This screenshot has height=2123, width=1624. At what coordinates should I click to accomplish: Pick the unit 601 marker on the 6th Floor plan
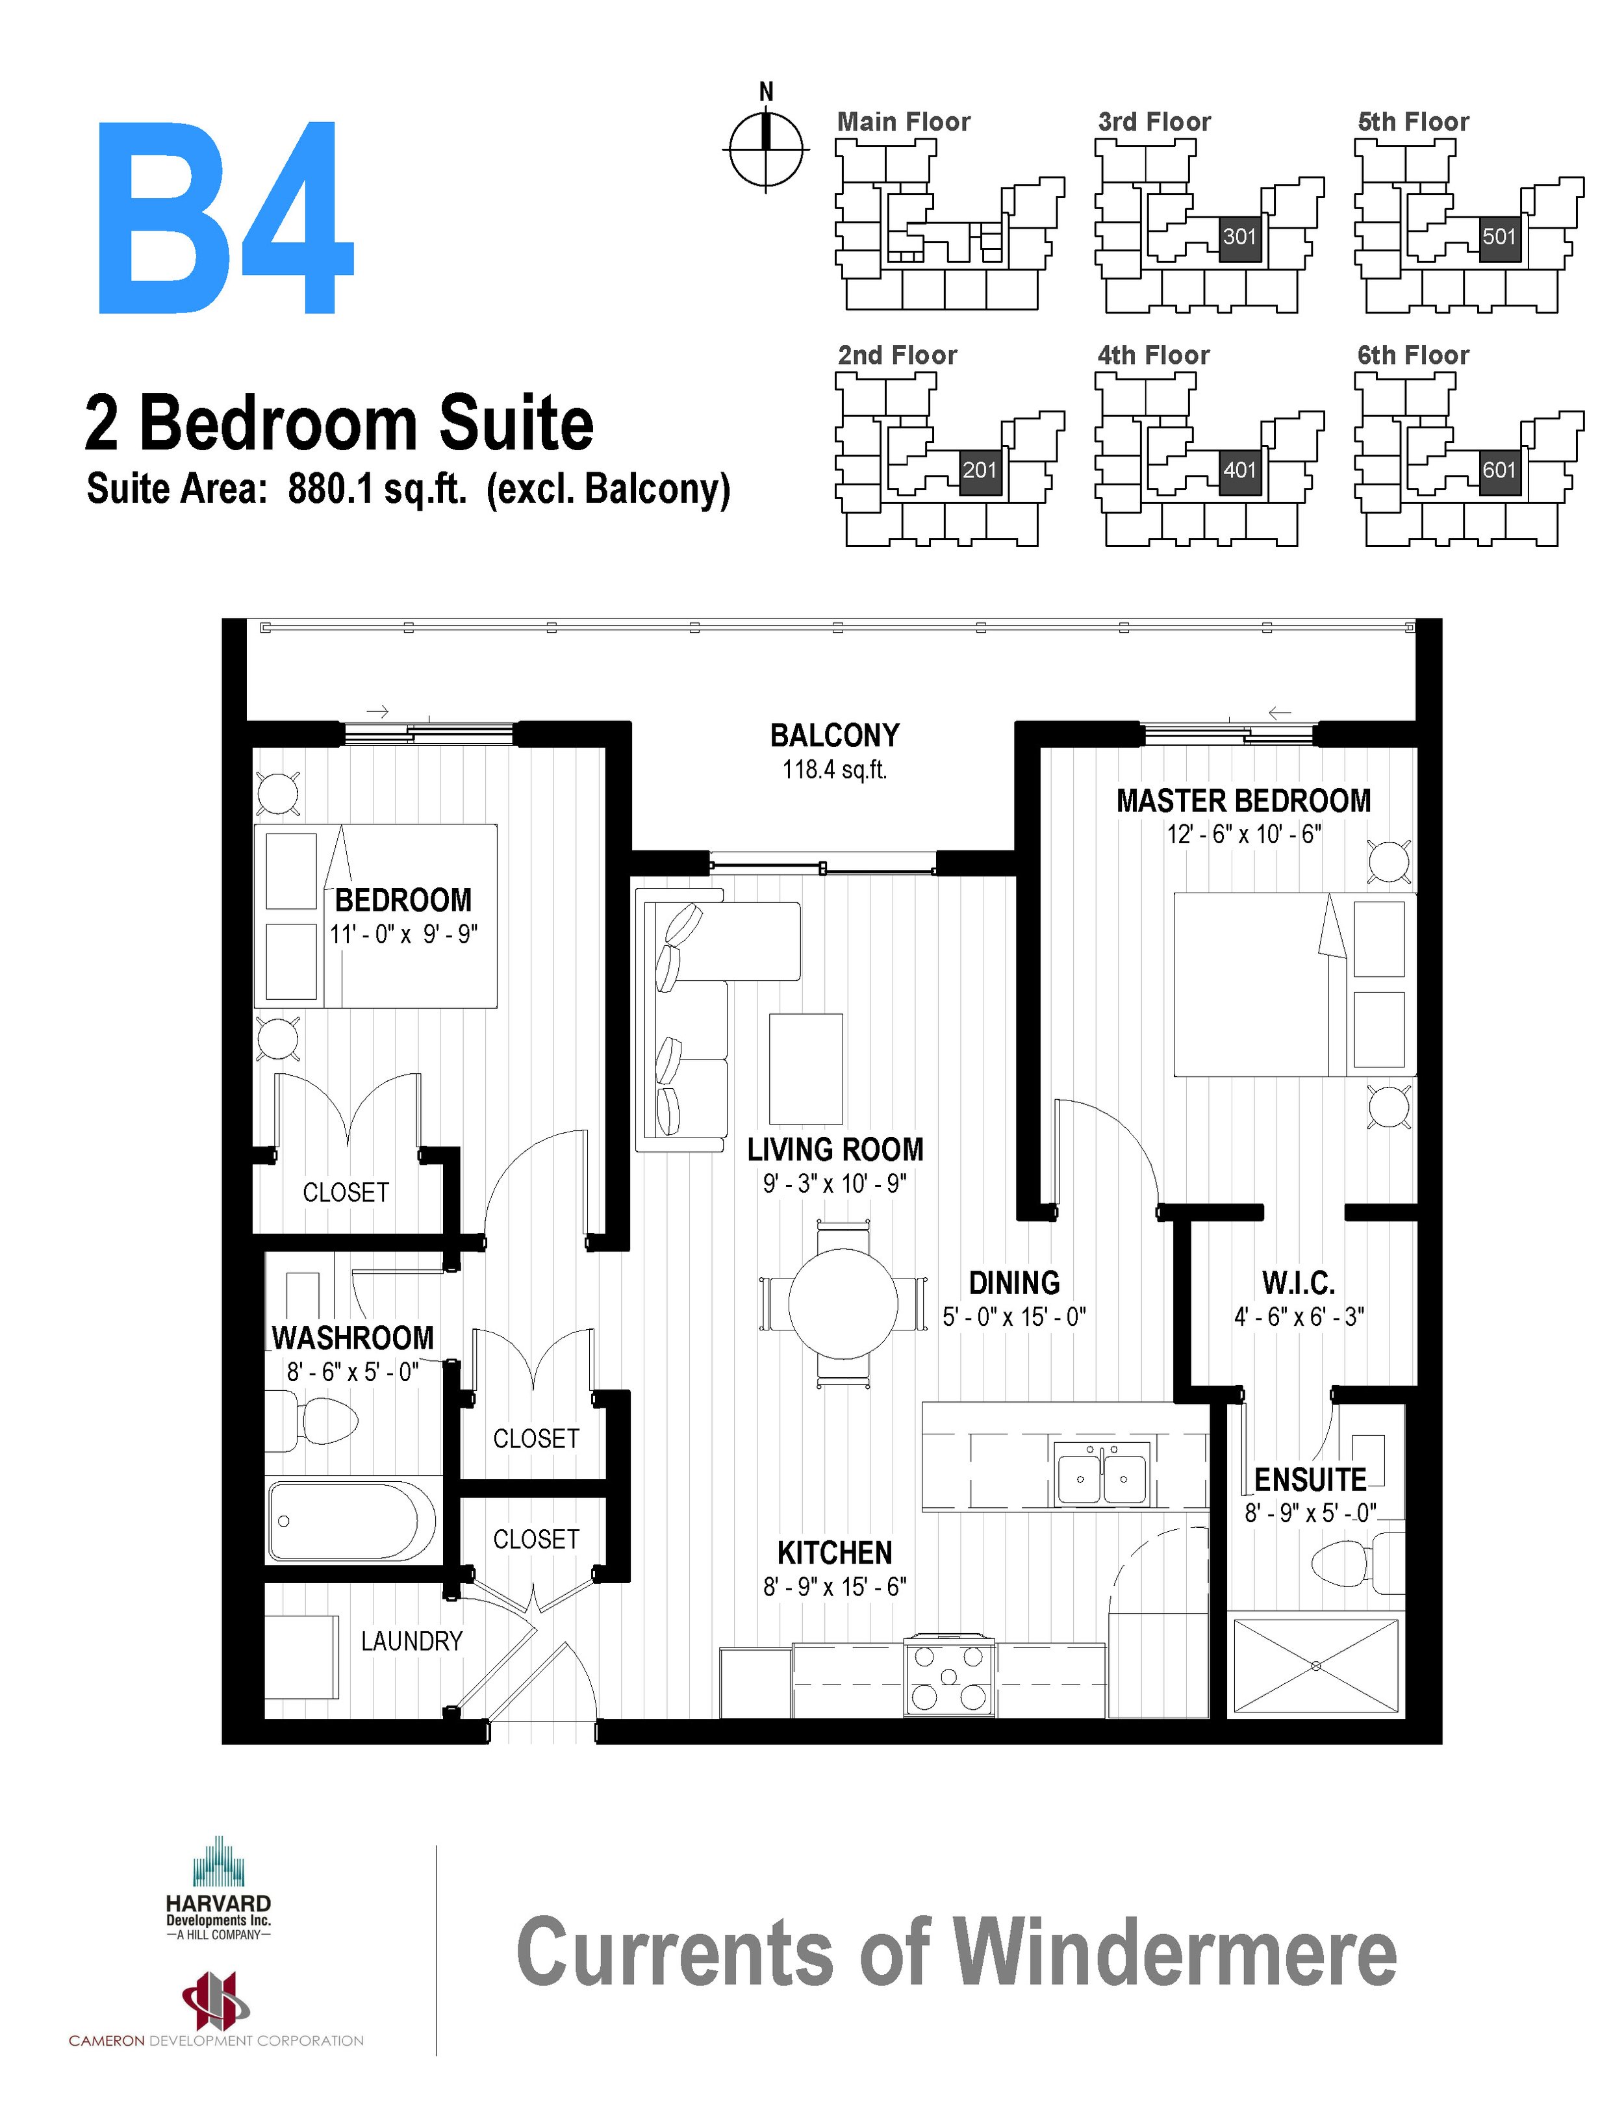(1499, 471)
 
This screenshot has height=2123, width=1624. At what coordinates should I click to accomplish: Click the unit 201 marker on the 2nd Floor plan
(979, 471)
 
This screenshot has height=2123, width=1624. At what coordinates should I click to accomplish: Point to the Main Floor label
(903, 122)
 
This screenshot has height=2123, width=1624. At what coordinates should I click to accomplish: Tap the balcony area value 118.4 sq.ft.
(834, 770)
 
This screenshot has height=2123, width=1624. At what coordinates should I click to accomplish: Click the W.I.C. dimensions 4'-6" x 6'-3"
(1299, 1317)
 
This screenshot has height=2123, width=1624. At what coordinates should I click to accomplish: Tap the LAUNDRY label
(412, 1640)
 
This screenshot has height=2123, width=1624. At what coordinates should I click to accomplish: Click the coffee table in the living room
(806, 1066)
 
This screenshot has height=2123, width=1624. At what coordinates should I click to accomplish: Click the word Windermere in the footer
(1174, 1953)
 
